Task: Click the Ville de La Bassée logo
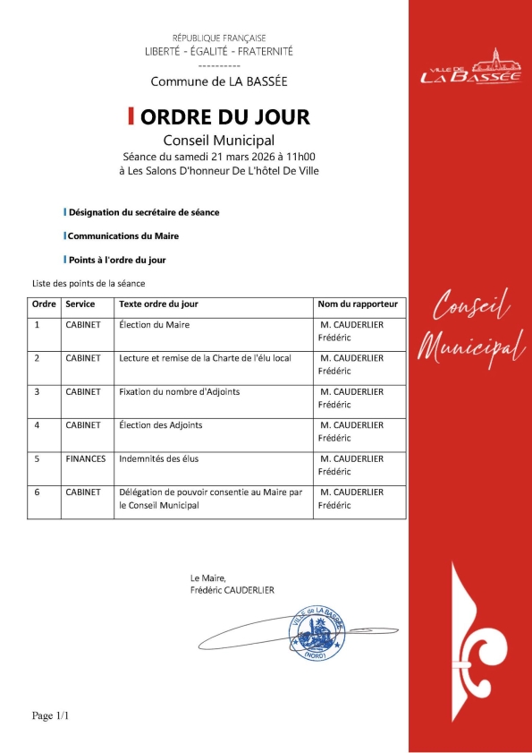pos(469,67)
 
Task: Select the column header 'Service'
pos(80,304)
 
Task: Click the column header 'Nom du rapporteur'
pos(358,304)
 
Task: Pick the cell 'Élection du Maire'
pos(154,325)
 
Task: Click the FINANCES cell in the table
pos(86,458)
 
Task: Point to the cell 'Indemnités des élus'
pos(158,458)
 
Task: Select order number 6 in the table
pos(38,492)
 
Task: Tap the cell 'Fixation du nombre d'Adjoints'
pos(179,391)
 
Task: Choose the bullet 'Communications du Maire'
pos(123,236)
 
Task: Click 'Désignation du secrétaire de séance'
pos(144,212)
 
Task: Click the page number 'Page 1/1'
pos(51,715)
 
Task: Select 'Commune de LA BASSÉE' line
pos(219,81)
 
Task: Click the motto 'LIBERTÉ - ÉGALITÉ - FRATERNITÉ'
pos(219,51)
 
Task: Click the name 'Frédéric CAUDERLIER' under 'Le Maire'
pos(232,591)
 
